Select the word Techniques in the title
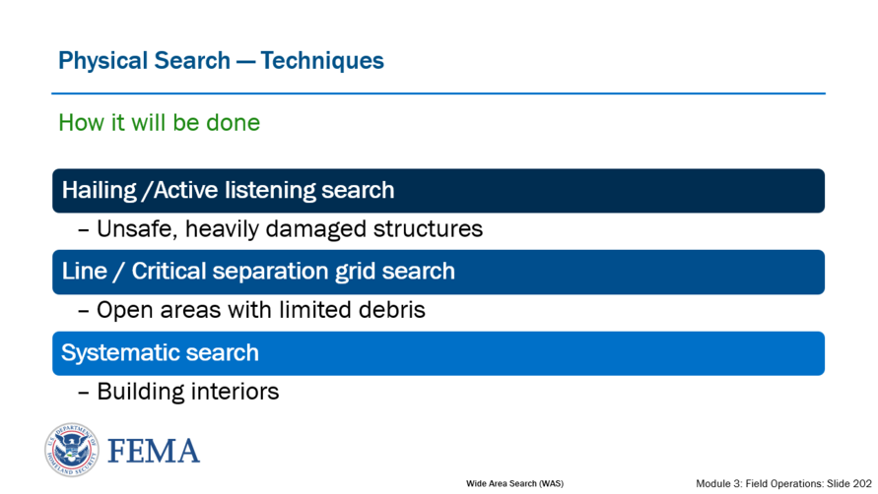point(322,60)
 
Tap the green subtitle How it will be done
point(159,123)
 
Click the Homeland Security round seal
point(72,450)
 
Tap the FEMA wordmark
point(154,452)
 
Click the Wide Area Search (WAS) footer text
point(514,483)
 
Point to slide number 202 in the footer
point(862,483)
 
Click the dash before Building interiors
point(84,393)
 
